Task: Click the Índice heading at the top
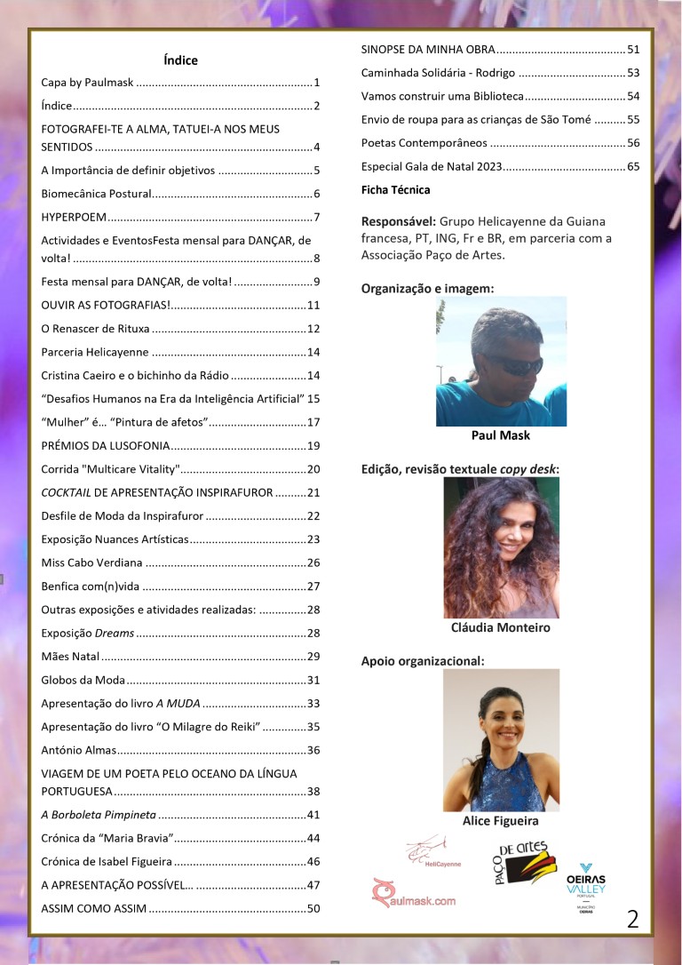point(180,60)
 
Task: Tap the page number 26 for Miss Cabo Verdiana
point(313,562)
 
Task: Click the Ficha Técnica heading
point(395,189)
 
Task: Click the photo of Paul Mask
point(501,361)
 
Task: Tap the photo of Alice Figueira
point(501,739)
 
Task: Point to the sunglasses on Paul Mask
point(512,363)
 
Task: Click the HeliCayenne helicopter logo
point(432,851)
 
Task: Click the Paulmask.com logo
point(413,894)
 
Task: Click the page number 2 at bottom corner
point(632,919)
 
